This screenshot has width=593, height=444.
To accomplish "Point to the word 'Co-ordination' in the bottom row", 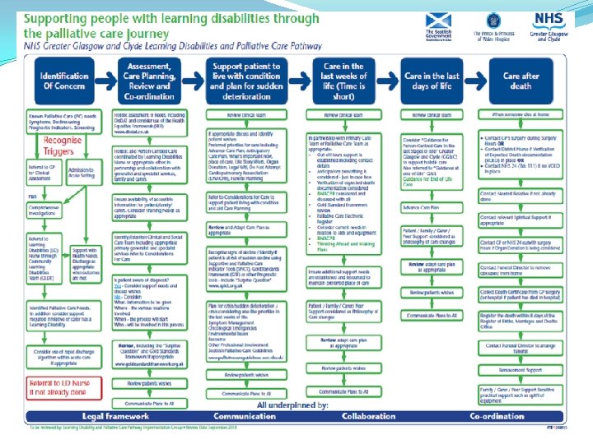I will pyautogui.click(x=497, y=417).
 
